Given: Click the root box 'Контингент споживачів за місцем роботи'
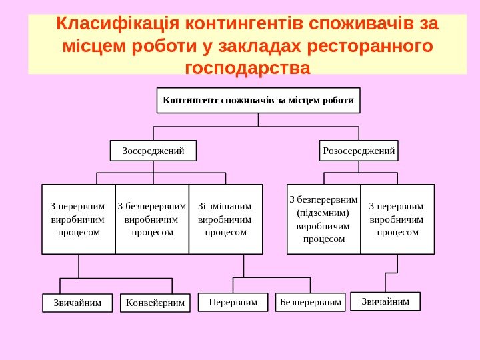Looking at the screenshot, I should (258, 101).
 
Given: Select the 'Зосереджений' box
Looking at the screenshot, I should (153, 151).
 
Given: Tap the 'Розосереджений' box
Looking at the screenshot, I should (359, 151).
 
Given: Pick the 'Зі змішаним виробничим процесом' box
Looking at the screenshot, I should (225, 219).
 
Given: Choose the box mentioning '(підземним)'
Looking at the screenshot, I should (324, 219).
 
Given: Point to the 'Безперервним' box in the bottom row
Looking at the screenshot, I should (311, 303).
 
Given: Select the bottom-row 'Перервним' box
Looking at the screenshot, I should (233, 302).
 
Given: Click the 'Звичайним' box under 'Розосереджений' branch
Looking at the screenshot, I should (385, 301).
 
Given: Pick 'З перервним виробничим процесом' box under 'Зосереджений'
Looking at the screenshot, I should (79, 219).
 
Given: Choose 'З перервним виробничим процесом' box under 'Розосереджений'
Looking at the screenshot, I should (397, 219).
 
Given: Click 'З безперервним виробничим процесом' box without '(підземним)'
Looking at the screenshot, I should (152, 219).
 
